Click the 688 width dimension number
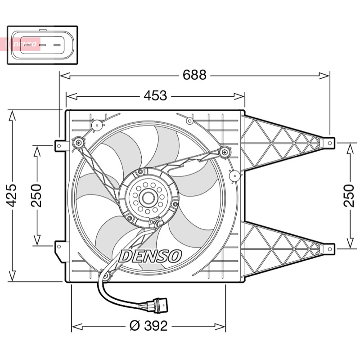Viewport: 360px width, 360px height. [x=194, y=75]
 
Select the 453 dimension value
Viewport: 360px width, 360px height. [x=155, y=95]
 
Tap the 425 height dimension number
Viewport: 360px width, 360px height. [x=11, y=195]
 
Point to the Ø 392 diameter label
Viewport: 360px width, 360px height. [x=148, y=326]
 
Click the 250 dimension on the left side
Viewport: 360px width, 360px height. [x=36, y=195]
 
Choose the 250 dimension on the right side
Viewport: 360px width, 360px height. [x=349, y=195]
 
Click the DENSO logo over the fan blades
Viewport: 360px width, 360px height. [x=150, y=256]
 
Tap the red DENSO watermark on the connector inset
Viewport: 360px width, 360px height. [x=25, y=44]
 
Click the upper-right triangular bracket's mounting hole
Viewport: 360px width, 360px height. [x=330, y=143]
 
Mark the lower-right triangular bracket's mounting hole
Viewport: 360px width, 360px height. [x=330, y=249]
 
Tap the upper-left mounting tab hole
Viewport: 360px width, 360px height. [x=59, y=146]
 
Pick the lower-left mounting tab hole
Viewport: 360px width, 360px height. [x=59, y=247]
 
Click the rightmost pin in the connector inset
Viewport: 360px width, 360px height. [x=57, y=45]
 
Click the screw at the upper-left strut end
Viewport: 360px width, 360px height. [x=79, y=143]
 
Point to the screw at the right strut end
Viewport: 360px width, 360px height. [x=225, y=152]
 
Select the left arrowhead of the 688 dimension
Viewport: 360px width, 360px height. [x=65, y=76]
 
